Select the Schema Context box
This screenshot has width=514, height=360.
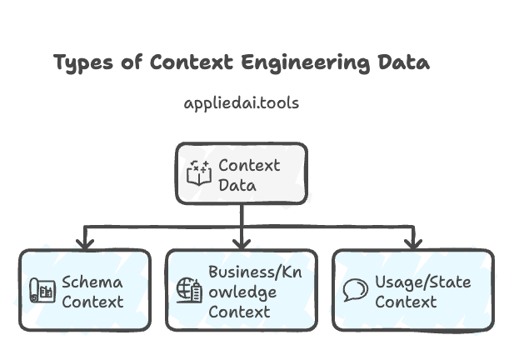[x=85, y=291]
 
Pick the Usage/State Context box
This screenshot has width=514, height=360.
[x=412, y=291]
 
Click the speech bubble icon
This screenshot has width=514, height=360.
[x=356, y=291]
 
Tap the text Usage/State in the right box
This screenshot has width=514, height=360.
[x=422, y=282]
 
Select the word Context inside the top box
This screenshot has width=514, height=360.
[x=249, y=164]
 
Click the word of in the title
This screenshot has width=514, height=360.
[x=134, y=63]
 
